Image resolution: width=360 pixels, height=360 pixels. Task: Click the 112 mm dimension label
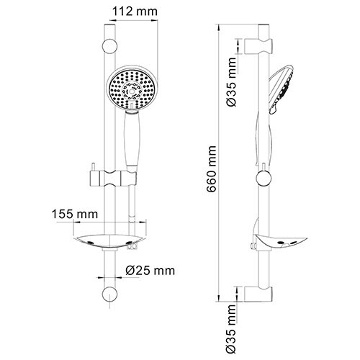click(131, 12)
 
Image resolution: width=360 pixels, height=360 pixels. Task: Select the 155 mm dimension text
click(76, 214)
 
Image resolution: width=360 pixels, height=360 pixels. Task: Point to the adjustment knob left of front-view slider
click(91, 175)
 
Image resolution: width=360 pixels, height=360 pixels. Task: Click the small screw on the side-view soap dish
click(251, 247)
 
